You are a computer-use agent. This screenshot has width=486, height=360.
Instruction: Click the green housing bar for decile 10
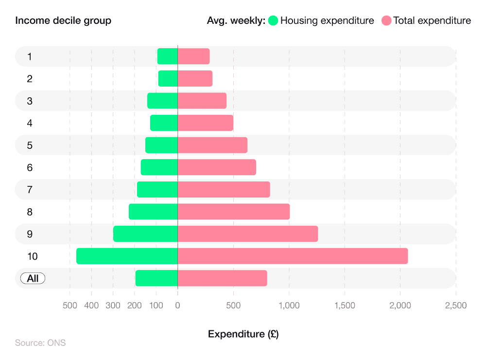[x=127, y=256]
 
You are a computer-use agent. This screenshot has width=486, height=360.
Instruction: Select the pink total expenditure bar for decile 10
[x=293, y=256]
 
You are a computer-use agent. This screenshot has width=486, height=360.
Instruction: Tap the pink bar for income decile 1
[x=193, y=56]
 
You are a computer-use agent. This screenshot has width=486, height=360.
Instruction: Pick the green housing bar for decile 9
[x=145, y=234]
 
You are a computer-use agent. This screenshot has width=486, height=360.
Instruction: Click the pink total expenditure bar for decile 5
[x=212, y=145]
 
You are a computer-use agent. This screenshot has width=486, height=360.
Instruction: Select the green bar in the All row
[x=156, y=278]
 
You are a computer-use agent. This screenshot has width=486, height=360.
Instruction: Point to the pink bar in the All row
[x=222, y=278]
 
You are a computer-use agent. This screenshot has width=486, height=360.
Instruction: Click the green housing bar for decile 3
[x=162, y=101]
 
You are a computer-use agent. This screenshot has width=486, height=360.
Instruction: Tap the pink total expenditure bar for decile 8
[x=234, y=212]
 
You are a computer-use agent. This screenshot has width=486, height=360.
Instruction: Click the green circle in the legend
[x=273, y=21]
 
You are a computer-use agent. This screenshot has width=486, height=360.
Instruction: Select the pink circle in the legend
[x=386, y=21]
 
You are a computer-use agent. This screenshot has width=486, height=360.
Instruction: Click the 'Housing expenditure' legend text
[x=327, y=21]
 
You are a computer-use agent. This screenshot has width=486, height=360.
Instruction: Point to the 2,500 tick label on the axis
[x=455, y=306]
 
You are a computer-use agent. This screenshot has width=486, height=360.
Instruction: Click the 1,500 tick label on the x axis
[x=344, y=306]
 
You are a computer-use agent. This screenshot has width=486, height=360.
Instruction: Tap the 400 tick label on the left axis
[x=91, y=306]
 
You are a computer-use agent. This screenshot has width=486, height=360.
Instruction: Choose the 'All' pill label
[x=33, y=278]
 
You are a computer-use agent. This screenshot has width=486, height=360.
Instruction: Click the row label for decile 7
[x=30, y=190]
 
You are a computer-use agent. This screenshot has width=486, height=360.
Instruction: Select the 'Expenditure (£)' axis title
[x=243, y=334]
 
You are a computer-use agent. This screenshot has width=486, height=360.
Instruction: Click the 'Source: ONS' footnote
[x=40, y=343]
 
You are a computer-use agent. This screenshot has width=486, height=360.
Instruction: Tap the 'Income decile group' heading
[x=63, y=21]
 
